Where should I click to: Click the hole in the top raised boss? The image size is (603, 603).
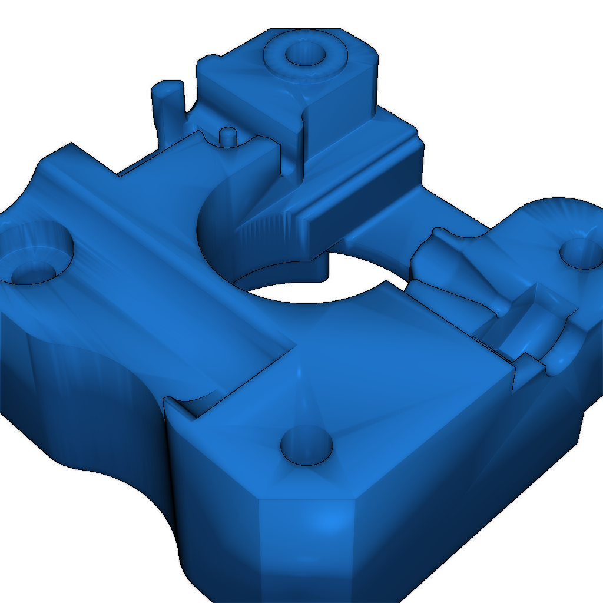306,55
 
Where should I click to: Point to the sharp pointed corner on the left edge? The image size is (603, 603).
71,144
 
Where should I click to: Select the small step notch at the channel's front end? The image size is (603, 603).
180,406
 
